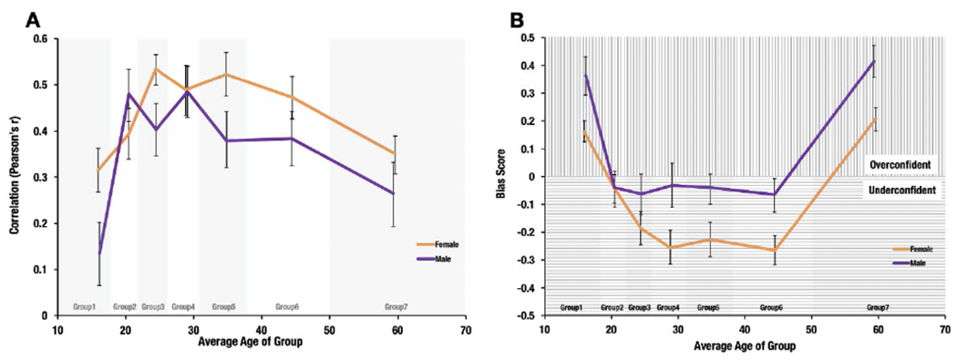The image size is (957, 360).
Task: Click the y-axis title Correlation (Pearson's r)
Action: click(15, 176)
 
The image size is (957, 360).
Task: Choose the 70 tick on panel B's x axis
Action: click(947, 329)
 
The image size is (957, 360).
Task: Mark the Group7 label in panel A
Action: click(396, 307)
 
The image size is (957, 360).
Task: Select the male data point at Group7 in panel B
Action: click(874, 62)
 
